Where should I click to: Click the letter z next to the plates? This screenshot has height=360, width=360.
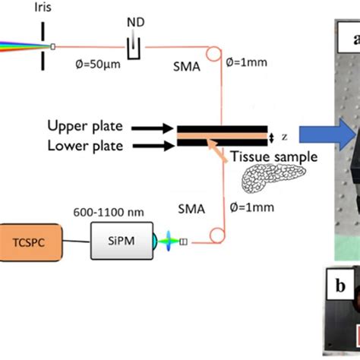click(x=284, y=137)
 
